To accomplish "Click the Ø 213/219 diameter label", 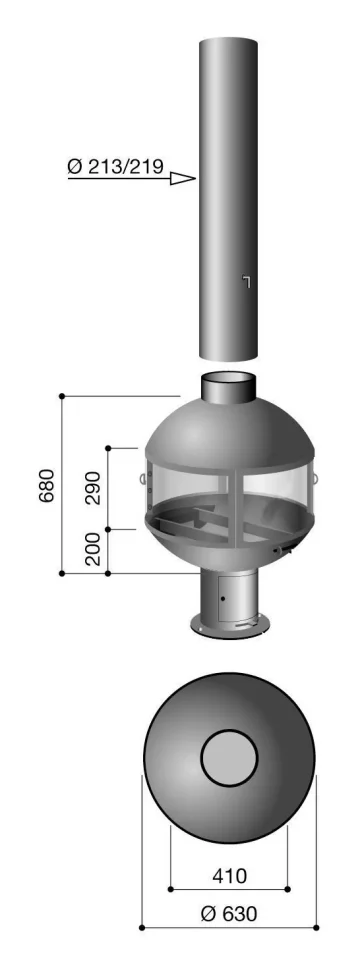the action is pos(115,166).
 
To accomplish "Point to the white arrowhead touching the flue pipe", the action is pos(182,179).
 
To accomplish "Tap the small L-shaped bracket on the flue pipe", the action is pos(246,281).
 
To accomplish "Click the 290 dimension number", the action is pos(93,487).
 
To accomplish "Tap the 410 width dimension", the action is pos(229,875).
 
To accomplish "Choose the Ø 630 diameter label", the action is pos(229,913).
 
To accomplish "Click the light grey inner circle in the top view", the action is pos(229,757).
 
